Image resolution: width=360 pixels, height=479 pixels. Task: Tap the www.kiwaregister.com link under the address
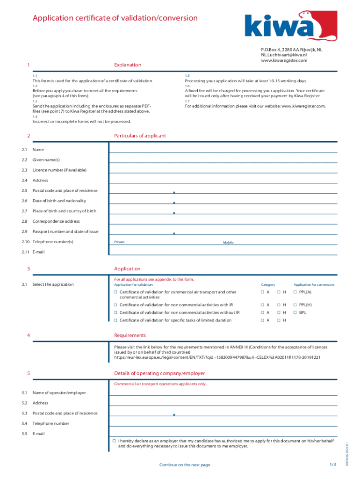tap(284, 60)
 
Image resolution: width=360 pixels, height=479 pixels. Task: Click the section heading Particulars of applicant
tap(140, 136)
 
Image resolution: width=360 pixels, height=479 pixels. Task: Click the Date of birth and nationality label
tap(59, 201)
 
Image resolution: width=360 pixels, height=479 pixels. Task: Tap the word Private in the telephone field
tap(119, 242)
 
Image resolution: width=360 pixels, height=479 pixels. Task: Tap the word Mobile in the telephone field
tap(228, 242)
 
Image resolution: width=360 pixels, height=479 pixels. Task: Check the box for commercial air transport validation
tap(115, 292)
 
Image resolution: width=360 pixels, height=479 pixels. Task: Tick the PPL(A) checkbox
tap(295, 292)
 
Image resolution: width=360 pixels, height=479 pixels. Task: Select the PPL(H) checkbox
tap(295, 305)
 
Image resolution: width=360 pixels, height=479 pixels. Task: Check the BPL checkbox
tap(295, 312)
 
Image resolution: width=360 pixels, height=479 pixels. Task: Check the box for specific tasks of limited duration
tap(115, 320)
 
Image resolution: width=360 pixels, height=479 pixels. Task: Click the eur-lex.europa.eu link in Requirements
tap(217, 357)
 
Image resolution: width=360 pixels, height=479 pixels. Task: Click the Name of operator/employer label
tap(59, 393)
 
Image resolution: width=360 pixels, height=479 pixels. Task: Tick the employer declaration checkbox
tap(114, 441)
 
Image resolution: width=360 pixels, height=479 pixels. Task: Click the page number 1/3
tap(332, 464)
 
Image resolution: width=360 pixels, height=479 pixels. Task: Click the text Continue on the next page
tap(185, 465)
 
